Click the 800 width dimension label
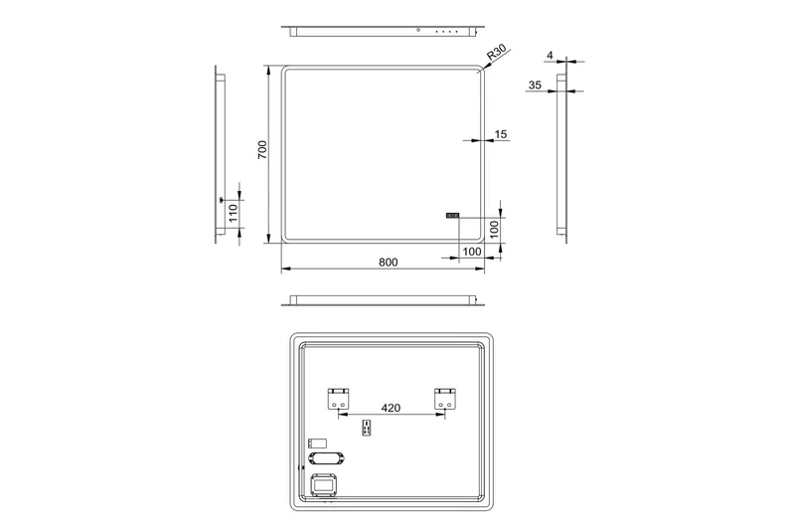(388, 262)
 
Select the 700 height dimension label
(262, 150)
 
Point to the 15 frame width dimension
(500, 133)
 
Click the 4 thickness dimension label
(549, 56)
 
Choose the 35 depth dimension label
(536, 87)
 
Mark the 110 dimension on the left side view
(232, 212)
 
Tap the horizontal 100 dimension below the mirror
(473, 252)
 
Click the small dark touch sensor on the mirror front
(452, 213)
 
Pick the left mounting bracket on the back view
(338, 400)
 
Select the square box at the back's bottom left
(325, 485)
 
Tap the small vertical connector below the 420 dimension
(367, 428)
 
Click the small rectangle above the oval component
(317, 442)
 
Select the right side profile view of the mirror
(562, 154)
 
